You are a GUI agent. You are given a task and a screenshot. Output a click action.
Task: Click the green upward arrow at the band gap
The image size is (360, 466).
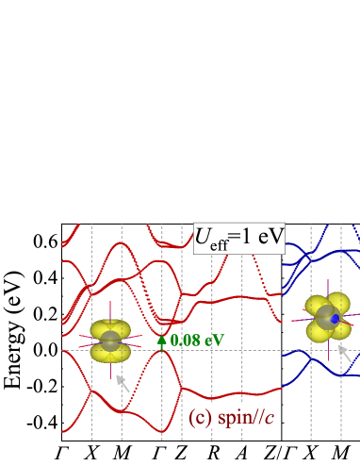pyautogui.click(x=161, y=341)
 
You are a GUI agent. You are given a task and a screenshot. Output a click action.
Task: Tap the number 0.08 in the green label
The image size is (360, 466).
pyautogui.click(x=186, y=341)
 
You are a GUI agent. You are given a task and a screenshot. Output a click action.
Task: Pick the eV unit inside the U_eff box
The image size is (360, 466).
pyautogui.click(x=270, y=235)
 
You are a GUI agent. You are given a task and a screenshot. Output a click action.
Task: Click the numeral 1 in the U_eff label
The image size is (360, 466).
pyautogui.click(x=250, y=235)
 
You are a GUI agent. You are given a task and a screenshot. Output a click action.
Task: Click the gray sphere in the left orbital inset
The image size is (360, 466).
pyautogui.click(x=111, y=341)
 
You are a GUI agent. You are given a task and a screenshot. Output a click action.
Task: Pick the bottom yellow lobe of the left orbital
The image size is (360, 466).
pyautogui.click(x=111, y=355)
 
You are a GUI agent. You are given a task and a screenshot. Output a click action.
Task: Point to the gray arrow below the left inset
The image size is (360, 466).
pyautogui.click(x=123, y=384)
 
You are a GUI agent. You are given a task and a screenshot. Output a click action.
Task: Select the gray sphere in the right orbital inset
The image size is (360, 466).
pyautogui.click(x=326, y=319)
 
